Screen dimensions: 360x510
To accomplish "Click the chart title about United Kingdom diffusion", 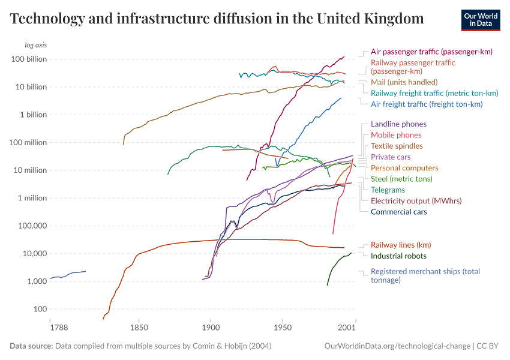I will tap(217, 19).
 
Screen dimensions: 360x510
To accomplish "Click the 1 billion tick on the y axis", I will tap(34, 115).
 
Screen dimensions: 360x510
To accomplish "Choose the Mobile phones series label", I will tap(396, 135).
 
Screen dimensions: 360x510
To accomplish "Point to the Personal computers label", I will tap(404, 168).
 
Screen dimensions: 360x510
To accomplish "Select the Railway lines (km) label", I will tap(401, 245).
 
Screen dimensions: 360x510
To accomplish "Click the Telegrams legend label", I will tap(388, 190).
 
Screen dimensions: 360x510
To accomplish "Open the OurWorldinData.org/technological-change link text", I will tap(397, 346).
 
